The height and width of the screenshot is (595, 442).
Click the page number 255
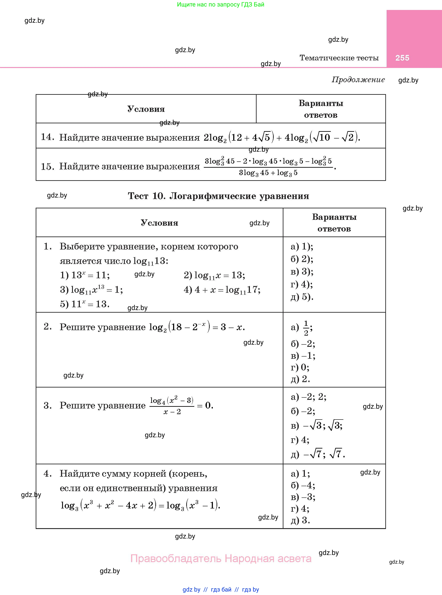[x=402, y=58]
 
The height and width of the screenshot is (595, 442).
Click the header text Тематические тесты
[x=339, y=58]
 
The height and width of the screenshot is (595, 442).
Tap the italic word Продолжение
[x=358, y=79]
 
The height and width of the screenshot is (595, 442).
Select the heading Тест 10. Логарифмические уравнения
[x=218, y=196]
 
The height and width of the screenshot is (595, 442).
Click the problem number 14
[x=47, y=137]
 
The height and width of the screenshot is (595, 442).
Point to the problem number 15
[x=47, y=166]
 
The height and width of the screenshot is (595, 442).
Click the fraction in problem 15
[x=268, y=167]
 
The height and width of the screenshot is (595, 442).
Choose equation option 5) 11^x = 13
[x=85, y=304]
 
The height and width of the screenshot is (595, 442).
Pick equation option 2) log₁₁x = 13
[x=214, y=275]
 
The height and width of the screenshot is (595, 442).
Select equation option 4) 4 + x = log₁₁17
[x=222, y=290]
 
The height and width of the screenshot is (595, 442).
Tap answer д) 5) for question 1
[x=302, y=297]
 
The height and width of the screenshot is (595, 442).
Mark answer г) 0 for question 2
[x=300, y=367]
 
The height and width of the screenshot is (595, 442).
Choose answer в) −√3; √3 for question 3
[x=317, y=425]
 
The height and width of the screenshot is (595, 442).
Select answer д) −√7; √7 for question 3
[x=318, y=454]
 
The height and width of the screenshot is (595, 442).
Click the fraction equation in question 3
[x=181, y=406]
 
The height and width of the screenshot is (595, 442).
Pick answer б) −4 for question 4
[x=303, y=485]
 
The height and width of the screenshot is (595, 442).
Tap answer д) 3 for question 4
[x=300, y=520]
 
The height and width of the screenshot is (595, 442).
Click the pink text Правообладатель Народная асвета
[x=221, y=559]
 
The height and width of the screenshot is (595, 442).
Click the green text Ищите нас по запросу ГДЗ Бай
[x=220, y=5]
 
